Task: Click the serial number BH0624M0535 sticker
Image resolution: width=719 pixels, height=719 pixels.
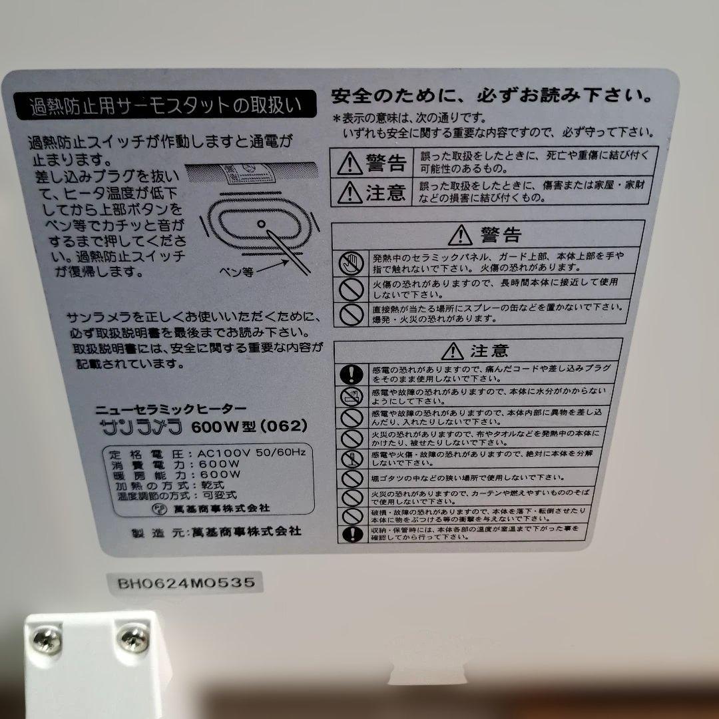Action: point(186,583)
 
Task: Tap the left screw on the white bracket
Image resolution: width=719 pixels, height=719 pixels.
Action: point(48,641)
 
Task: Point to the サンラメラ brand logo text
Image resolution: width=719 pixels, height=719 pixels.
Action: point(138,426)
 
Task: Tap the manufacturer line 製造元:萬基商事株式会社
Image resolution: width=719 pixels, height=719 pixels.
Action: point(217,532)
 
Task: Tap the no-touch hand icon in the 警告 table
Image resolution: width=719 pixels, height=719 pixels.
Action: point(349,263)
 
